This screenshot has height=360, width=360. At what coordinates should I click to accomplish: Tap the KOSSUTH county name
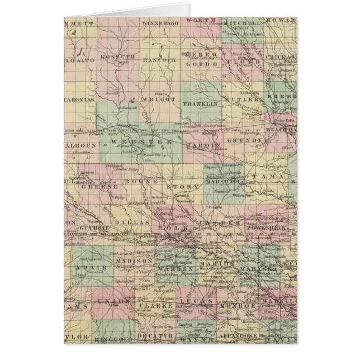(x=118, y=57)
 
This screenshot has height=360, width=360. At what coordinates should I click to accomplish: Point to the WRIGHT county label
(x=161, y=101)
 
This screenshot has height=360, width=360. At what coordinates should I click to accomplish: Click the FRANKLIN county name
(x=200, y=104)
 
